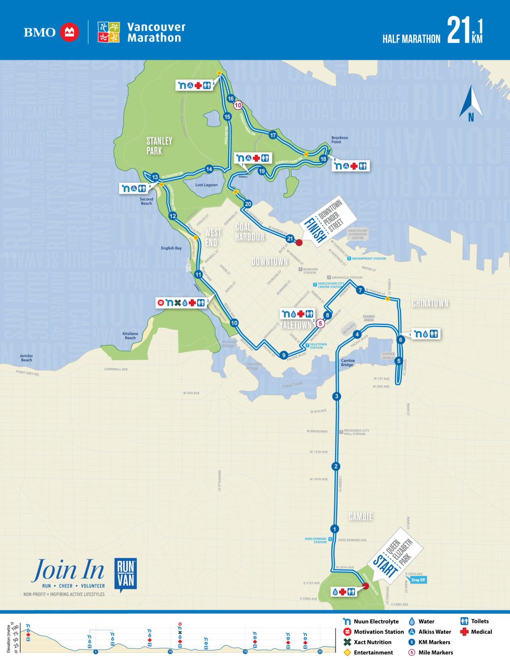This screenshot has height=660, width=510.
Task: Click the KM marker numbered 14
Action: (x=209, y=169)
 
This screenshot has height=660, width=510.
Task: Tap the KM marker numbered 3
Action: (x=337, y=396)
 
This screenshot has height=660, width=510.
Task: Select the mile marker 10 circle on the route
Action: (x=238, y=105)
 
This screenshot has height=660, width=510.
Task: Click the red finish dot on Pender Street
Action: (x=299, y=242)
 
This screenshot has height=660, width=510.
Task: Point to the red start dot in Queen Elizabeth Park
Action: (x=365, y=586)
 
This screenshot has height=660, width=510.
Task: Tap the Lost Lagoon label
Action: (x=206, y=185)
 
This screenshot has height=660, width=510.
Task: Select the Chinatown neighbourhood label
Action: (x=430, y=304)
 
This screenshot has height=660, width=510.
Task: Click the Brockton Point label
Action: (x=339, y=140)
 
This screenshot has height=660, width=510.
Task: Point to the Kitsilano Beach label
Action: (x=130, y=336)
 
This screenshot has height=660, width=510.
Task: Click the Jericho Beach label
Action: (x=26, y=358)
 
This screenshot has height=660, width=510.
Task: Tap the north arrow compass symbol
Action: (x=471, y=103)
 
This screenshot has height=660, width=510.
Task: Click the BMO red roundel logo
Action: (x=69, y=32)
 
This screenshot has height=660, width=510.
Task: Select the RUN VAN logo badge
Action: (x=126, y=574)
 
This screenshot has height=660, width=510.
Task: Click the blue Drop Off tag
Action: (x=418, y=580)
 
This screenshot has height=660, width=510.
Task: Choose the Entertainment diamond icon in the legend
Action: (x=347, y=652)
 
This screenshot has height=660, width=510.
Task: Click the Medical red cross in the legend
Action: (x=464, y=632)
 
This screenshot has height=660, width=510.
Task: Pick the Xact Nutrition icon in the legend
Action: (x=347, y=642)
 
